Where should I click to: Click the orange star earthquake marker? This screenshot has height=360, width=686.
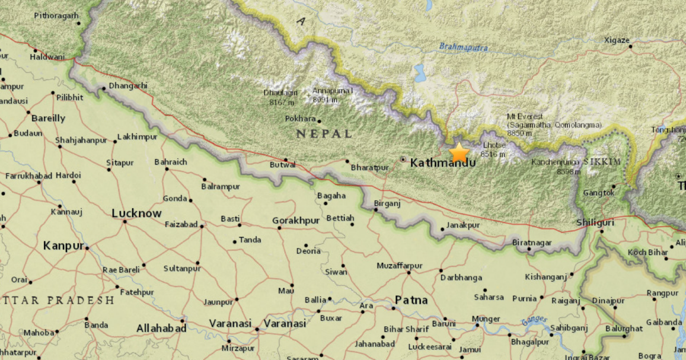(459, 153)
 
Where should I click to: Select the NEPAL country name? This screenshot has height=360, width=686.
(324, 134)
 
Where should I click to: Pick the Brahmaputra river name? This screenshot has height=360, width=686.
(463, 46)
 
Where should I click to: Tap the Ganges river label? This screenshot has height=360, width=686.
(534, 320)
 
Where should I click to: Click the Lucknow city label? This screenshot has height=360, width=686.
(136, 213)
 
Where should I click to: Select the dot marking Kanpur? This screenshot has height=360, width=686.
(87, 247)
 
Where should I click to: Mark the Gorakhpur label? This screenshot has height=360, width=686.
(296, 221)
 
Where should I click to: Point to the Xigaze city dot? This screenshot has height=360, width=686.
(630, 46)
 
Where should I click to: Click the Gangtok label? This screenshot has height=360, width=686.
(598, 193)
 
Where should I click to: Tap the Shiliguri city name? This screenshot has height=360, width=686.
(595, 222)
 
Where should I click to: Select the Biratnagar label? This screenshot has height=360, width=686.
(531, 243)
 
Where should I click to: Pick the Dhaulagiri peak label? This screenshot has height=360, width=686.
(281, 93)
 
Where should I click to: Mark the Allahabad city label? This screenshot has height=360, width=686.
(161, 328)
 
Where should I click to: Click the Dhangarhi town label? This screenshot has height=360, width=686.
(127, 85)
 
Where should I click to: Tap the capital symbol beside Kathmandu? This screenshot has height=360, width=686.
(403, 160)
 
